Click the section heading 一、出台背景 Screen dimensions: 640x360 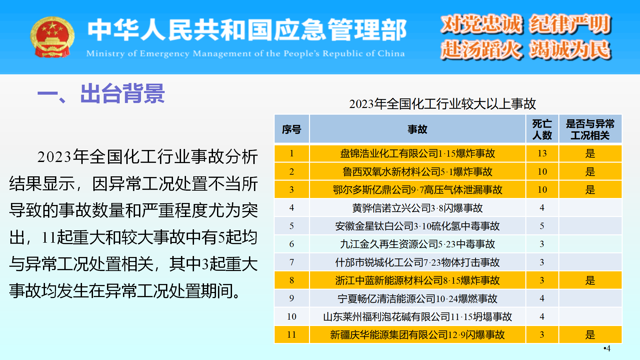[101, 94]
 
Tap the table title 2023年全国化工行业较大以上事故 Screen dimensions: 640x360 [442, 104]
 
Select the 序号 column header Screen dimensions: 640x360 [292, 129]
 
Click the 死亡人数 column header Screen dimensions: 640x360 [542, 129]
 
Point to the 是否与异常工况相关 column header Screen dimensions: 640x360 [590, 129]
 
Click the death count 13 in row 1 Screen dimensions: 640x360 [542, 153]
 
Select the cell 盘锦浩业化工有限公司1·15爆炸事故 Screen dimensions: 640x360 [417, 153]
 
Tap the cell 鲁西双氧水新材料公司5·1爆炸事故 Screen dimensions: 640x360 [417, 172]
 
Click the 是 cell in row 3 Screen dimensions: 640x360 [590, 190]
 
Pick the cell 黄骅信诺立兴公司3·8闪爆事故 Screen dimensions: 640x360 [417, 208]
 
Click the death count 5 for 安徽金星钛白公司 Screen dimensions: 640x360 [542, 226]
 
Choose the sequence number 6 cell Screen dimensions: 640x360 [292, 244]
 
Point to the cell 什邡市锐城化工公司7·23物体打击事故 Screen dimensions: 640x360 [417, 262]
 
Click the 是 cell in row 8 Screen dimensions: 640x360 [590, 280]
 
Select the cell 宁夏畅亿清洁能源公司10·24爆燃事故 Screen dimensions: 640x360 [417, 298]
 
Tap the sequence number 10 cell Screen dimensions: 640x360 [292, 316]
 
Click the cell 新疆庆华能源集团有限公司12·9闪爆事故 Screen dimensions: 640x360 [417, 335]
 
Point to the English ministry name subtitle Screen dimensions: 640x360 [245, 53]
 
